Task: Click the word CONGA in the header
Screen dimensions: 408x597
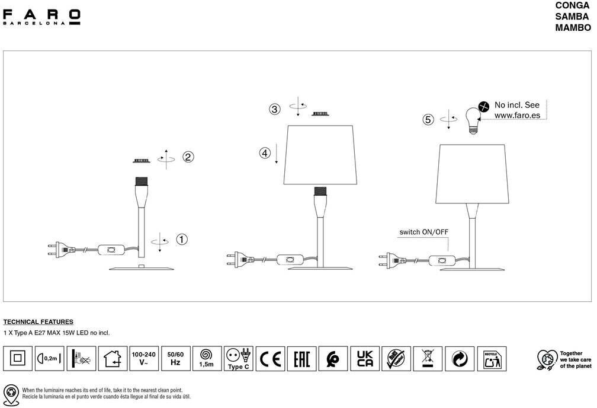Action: click(572, 5)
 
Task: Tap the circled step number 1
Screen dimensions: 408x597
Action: click(182, 240)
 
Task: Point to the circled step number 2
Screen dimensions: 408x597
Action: click(188, 157)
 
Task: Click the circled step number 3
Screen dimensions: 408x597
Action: click(274, 109)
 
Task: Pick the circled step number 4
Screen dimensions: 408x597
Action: click(265, 153)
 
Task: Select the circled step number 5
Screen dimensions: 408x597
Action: click(428, 119)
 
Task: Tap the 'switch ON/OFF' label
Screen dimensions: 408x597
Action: click(423, 232)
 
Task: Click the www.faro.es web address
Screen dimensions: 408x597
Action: click(517, 116)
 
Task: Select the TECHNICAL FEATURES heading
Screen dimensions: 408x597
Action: click(38, 321)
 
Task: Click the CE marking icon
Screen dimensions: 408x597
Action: click(271, 358)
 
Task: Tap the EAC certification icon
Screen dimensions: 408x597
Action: click(302, 358)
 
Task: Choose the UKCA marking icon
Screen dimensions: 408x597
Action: click(365, 358)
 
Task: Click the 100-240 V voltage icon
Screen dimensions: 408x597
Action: click(143, 358)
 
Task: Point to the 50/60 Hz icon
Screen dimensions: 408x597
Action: click(175, 358)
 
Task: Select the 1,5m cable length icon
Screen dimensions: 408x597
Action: click(207, 358)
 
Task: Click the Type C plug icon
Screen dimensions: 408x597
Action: click(239, 358)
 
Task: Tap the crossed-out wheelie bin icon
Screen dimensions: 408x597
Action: click(428, 358)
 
